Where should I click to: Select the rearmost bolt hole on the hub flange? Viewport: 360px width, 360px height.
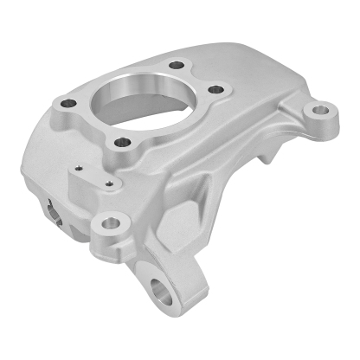pos(177,65)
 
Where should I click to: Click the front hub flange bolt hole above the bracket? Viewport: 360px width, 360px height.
pos(122,141)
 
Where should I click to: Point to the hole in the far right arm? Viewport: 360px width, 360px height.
pos(322,111)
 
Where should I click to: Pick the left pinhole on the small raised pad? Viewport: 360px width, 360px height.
pos(78,170)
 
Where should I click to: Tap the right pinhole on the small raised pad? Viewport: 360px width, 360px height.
pos(107,183)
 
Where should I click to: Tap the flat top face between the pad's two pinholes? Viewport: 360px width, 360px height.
pos(93,176)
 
